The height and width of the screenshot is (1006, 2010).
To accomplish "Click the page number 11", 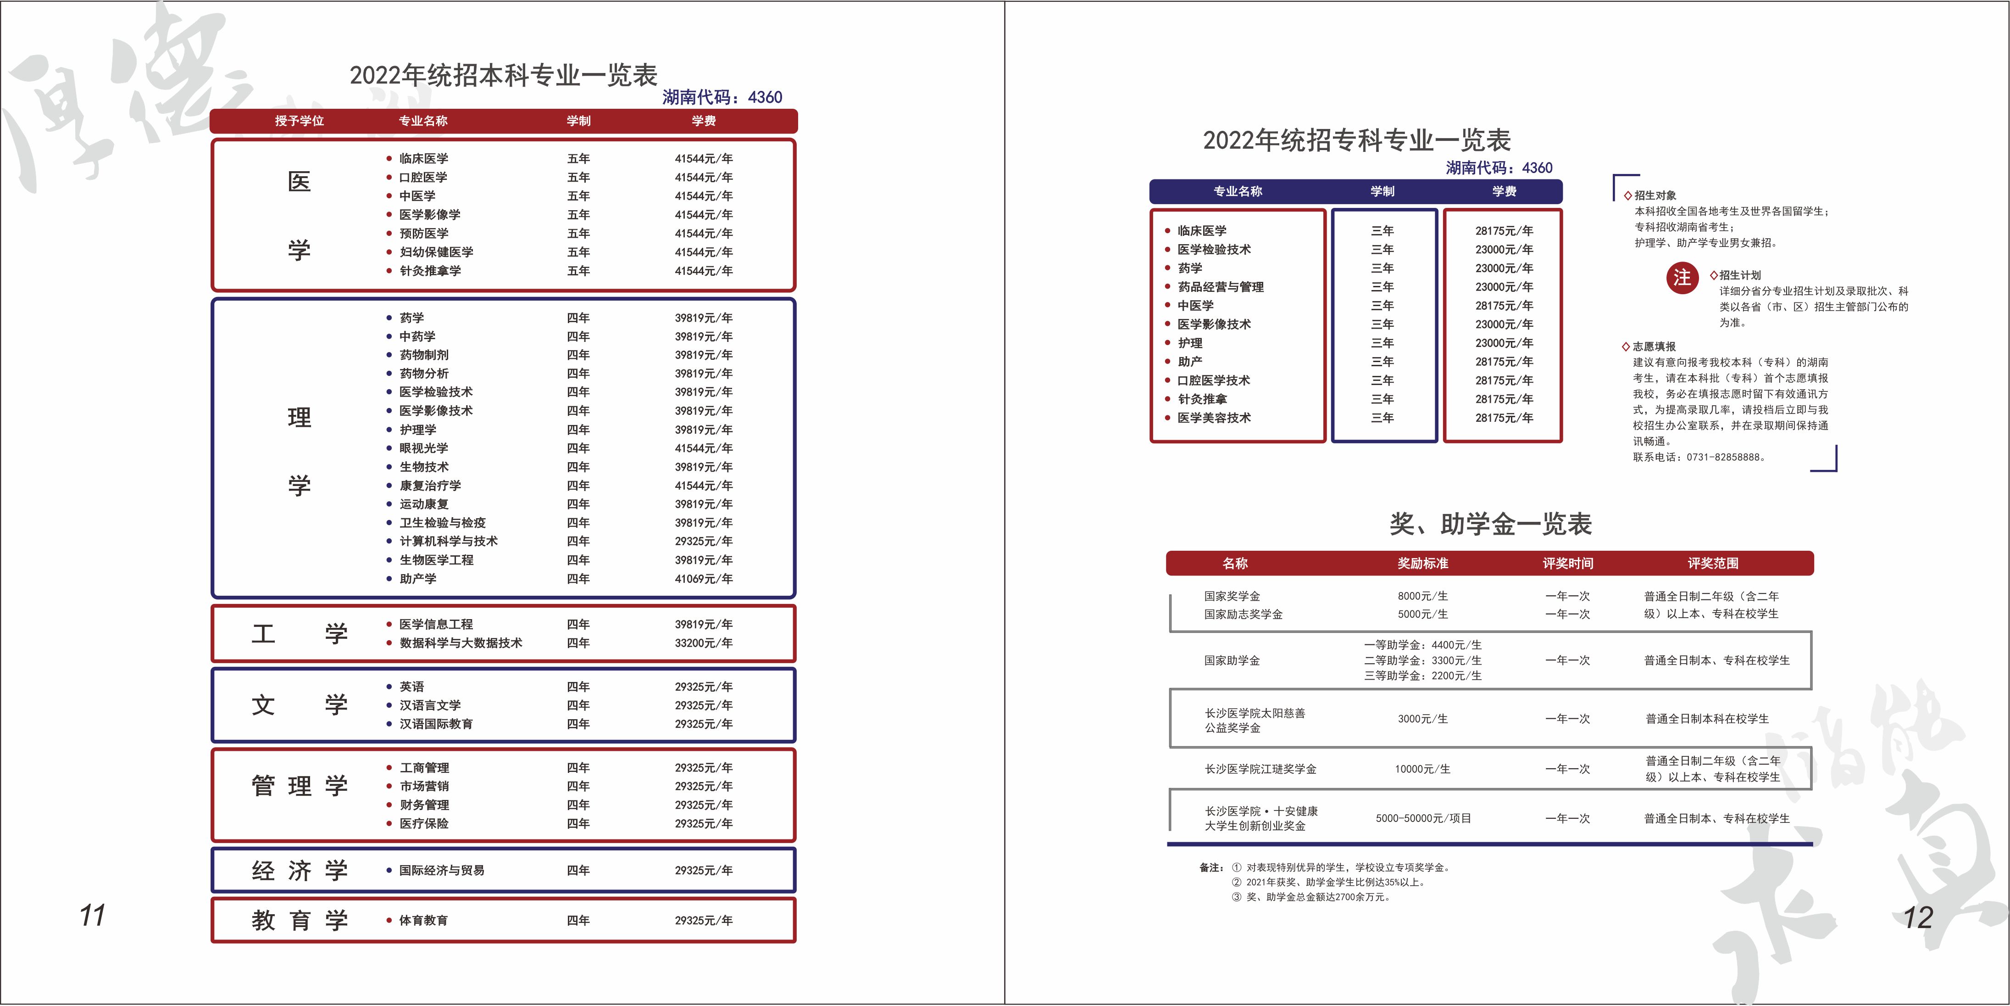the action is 92,915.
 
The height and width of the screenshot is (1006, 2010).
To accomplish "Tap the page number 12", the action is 1917,917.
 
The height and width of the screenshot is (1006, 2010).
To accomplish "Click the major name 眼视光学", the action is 424,448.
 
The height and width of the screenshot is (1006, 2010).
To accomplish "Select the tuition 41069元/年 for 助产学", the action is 703,578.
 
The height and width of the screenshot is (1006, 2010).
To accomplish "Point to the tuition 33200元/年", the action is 703,643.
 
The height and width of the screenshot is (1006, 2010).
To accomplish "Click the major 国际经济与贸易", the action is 442,870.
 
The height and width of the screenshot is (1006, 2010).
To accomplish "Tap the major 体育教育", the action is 424,920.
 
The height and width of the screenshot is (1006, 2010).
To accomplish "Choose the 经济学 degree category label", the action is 299,870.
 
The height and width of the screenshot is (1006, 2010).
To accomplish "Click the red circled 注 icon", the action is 1682,278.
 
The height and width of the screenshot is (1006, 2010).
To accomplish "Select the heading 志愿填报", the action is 1654,347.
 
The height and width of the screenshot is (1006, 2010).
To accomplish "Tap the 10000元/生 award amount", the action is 1422,769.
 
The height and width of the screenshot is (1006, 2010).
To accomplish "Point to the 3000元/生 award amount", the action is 1422,719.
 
